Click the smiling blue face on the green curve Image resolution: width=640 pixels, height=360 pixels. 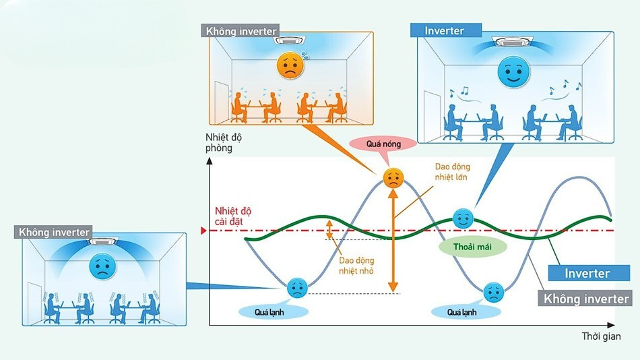pyautogui.click(x=462, y=218)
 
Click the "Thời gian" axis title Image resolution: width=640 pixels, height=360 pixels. pyautogui.click(x=602, y=335)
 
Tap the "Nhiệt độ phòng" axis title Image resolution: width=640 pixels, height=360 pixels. pyautogui.click(x=224, y=143)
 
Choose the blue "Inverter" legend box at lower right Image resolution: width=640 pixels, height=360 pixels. pyautogui.click(x=587, y=273)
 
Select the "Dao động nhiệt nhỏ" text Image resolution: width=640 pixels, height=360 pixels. pyautogui.click(x=357, y=265)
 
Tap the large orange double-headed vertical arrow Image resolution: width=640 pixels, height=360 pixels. pyautogui.click(x=393, y=240)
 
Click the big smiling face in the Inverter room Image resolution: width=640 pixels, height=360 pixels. pyautogui.click(x=513, y=72)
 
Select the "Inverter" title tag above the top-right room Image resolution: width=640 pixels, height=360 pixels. pyautogui.click(x=445, y=30)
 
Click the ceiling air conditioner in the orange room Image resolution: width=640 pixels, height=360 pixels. pyautogui.click(x=289, y=40)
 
